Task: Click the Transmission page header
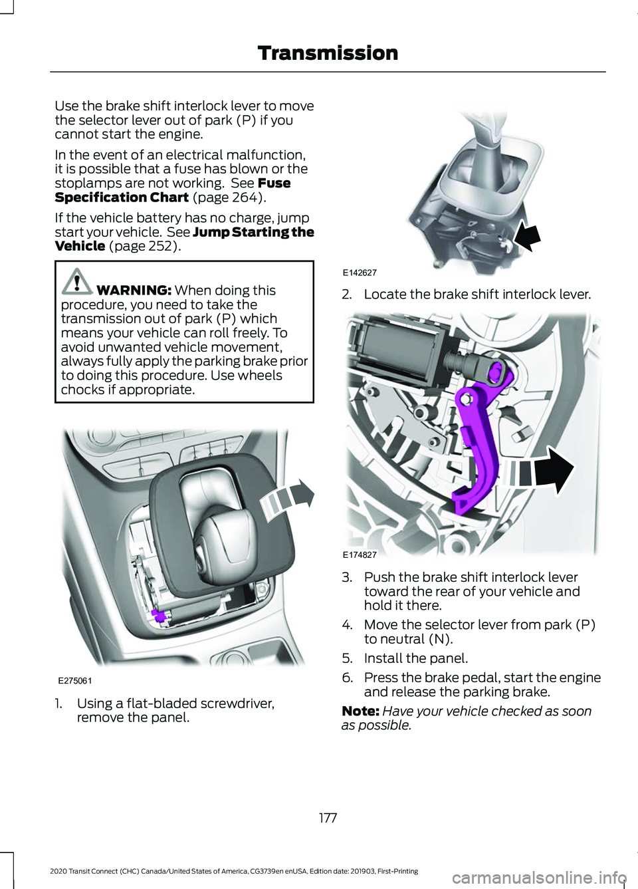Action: click(x=328, y=53)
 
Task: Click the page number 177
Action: click(x=328, y=817)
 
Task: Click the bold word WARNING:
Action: click(x=134, y=291)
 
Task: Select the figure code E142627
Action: click(x=360, y=273)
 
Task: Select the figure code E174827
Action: click(x=360, y=553)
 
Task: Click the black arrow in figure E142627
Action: click(x=527, y=235)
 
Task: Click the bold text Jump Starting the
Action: click(x=253, y=232)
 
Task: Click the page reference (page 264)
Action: click(x=229, y=197)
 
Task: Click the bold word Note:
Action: click(x=360, y=711)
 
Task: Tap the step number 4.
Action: click(x=346, y=625)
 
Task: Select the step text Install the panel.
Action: click(x=415, y=658)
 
